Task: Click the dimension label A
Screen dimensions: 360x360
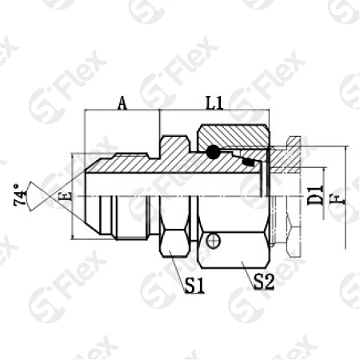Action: (122, 102)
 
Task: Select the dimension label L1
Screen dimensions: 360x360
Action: (214, 102)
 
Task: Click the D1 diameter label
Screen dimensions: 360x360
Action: (315, 195)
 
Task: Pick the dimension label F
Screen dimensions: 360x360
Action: (343, 195)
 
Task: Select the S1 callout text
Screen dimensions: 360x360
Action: (195, 284)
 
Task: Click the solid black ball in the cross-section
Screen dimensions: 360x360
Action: (212, 151)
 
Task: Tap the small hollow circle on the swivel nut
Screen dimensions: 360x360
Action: (212, 240)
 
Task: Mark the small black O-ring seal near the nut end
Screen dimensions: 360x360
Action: (250, 163)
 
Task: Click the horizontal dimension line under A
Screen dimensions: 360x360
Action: (122, 113)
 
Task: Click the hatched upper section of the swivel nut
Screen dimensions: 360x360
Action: (236, 137)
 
